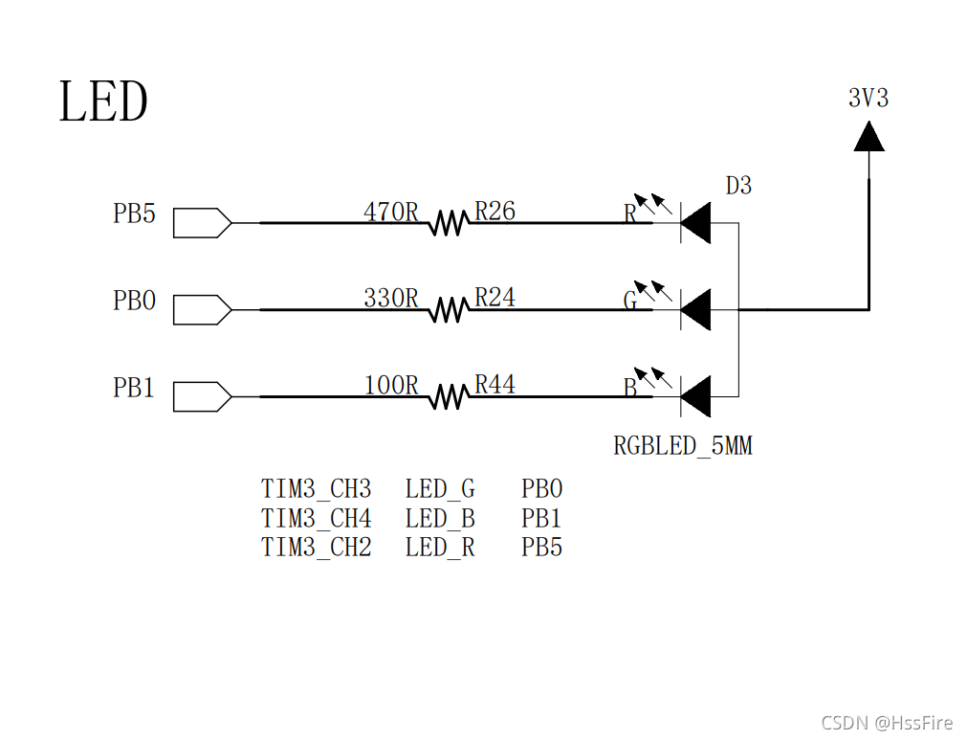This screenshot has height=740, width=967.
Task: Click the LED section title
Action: click(x=103, y=101)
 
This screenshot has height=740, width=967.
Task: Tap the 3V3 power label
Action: click(x=868, y=98)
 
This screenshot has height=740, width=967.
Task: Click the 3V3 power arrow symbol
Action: click(x=868, y=137)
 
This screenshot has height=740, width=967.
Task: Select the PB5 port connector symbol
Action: click(x=202, y=223)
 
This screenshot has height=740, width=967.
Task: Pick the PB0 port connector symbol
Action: click(x=202, y=309)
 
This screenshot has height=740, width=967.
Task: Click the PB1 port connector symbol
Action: click(x=202, y=396)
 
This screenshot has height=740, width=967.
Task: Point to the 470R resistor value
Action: click(x=391, y=212)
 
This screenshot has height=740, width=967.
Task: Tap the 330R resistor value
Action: click(x=391, y=298)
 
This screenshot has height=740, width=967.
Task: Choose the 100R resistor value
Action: click(x=391, y=385)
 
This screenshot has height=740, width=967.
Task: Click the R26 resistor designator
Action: click(x=494, y=212)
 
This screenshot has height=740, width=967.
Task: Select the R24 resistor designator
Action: click(x=494, y=298)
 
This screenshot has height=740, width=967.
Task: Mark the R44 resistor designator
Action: click(x=494, y=385)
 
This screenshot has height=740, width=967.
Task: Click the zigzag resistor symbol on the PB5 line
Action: click(x=448, y=223)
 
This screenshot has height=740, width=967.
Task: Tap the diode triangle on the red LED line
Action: click(x=695, y=223)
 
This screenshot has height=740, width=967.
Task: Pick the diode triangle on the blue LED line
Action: click(x=695, y=396)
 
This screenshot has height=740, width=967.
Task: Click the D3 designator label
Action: click(x=738, y=186)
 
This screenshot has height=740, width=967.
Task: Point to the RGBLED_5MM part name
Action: click(x=682, y=446)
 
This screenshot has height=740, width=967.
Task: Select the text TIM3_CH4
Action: click(x=316, y=519)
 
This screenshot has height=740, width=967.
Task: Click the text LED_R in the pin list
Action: click(x=439, y=548)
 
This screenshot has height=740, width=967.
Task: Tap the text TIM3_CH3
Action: click(x=316, y=489)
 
